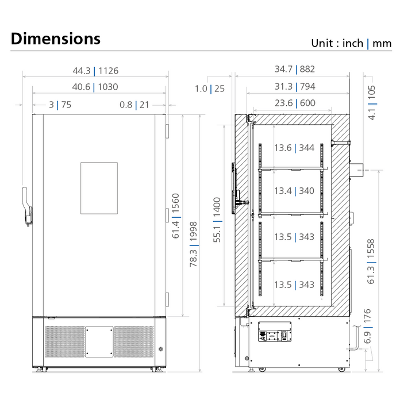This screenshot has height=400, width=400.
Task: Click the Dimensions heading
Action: click(55, 39)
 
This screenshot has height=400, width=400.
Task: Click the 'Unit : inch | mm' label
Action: click(351, 43)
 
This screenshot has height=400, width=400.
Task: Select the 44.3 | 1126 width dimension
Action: click(95, 71)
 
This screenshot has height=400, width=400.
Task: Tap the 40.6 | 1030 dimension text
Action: click(95, 87)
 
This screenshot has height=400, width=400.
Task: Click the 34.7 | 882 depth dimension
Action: click(294, 70)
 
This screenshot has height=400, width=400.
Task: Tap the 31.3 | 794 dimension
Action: click(294, 87)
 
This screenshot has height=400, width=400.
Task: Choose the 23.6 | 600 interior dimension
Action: click(294, 103)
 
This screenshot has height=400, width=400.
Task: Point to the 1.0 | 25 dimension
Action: click(209, 89)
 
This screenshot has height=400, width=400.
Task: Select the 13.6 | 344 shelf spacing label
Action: click(294, 148)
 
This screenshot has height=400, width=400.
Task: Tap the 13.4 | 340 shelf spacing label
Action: click(294, 191)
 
